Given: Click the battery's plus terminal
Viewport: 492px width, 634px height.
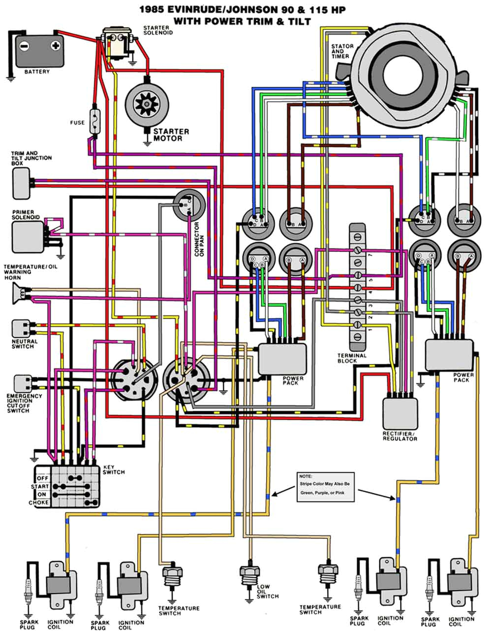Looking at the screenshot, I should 56,46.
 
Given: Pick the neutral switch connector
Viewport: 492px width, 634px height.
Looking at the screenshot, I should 19,328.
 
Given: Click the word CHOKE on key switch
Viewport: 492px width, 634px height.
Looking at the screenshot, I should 39,502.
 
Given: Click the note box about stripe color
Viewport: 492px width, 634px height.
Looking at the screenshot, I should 325,487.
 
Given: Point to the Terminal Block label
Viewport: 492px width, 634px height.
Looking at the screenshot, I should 352,358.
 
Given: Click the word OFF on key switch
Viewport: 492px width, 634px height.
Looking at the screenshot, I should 42,478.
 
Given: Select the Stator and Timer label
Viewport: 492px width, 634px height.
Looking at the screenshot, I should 342,51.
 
